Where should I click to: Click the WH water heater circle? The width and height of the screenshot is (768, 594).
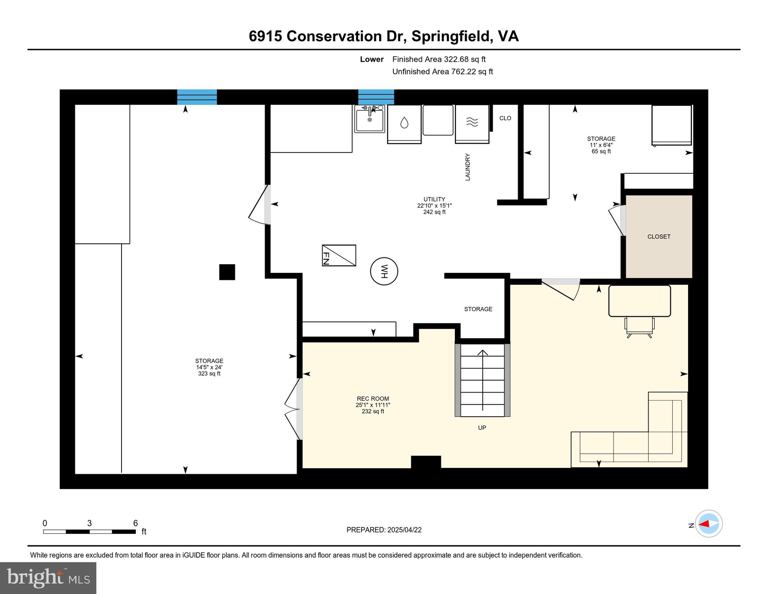[x=384, y=271]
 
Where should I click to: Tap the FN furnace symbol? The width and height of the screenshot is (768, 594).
[x=339, y=256]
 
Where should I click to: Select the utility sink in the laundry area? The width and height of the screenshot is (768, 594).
[x=370, y=119]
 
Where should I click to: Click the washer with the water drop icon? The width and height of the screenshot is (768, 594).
[x=404, y=123]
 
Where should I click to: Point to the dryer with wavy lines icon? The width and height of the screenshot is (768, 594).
[x=472, y=123]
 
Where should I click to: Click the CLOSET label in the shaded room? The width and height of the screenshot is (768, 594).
[x=658, y=236]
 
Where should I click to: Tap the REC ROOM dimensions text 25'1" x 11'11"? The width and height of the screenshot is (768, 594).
[x=373, y=405]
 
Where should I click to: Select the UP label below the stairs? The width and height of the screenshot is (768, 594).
[x=482, y=427]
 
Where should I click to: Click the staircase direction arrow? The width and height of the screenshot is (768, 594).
[x=482, y=379]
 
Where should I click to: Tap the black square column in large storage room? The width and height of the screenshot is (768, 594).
[x=227, y=272]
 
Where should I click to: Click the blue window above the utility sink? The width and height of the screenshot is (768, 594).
[x=376, y=97]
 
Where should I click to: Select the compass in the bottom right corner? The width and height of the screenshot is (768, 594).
[x=708, y=523]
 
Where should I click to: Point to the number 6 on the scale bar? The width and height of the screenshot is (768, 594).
[x=135, y=523]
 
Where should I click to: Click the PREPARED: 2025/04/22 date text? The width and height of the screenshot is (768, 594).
[x=384, y=530]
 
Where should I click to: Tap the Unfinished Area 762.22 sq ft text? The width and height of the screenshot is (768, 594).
[x=442, y=71]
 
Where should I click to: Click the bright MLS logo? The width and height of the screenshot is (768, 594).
[x=48, y=577]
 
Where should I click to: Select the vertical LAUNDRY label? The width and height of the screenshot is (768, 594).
[x=468, y=167]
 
